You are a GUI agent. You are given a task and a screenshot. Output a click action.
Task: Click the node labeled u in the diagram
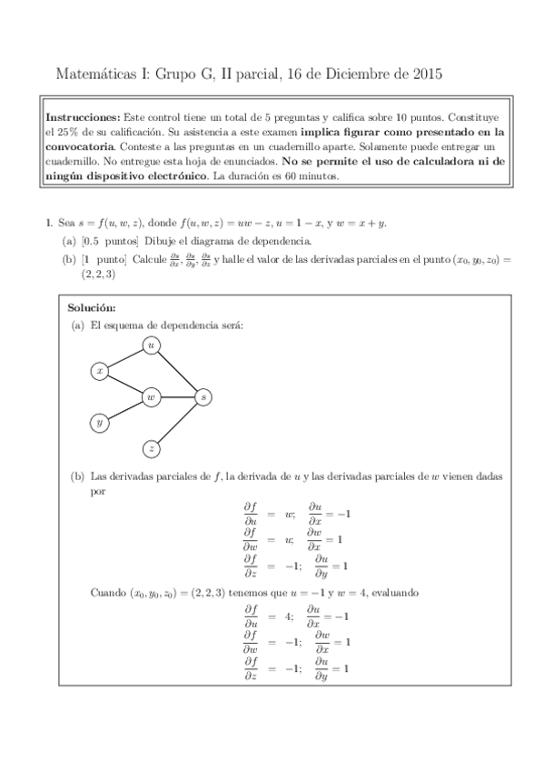152,345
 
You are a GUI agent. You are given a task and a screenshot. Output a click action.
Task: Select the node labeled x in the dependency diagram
101,371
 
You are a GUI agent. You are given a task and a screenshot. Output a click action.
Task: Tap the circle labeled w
152,396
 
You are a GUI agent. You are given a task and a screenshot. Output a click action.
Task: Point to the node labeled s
203,396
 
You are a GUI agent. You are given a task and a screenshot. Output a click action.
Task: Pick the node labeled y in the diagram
101,422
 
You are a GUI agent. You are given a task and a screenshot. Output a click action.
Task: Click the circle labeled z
152,448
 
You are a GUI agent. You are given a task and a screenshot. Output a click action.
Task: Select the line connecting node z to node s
178,423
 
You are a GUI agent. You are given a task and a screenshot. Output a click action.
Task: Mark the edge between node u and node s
178,371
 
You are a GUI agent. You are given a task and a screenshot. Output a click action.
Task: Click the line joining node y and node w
126,409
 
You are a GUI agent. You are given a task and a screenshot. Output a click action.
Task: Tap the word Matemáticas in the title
95,72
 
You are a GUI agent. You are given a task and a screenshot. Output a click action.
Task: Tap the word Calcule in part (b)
148,259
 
